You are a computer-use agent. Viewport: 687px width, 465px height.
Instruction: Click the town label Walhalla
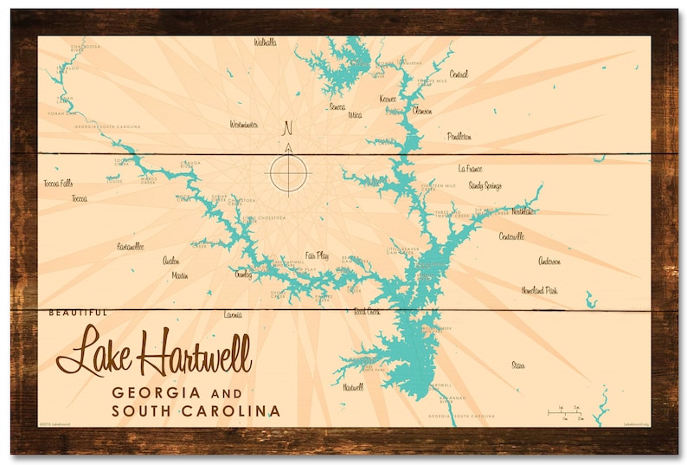(265, 42)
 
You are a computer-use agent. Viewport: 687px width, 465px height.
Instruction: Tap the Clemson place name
(422, 111)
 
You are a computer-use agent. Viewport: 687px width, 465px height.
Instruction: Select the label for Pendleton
(459, 137)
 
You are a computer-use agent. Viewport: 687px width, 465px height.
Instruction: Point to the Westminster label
(244, 125)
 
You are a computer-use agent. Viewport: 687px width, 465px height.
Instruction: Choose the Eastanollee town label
(131, 247)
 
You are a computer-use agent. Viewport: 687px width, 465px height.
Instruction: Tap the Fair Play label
(317, 255)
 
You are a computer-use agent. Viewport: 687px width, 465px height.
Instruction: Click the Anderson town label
(549, 261)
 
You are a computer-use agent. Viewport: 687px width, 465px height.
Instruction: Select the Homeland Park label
(538, 291)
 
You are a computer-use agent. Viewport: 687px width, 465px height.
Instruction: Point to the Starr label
(518, 365)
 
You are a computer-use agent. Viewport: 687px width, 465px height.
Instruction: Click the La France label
(471, 169)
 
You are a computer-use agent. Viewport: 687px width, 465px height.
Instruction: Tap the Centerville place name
(511, 236)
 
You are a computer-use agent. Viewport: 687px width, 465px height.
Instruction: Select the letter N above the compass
(288, 129)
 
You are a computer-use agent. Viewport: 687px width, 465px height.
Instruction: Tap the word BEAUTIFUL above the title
(79, 313)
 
